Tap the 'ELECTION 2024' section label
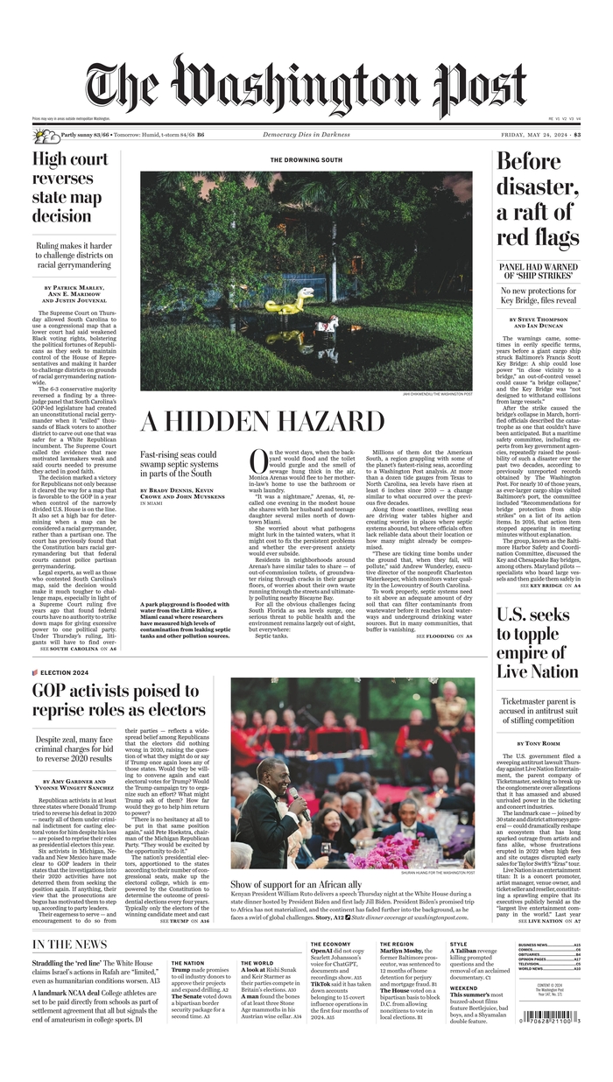point(63,672)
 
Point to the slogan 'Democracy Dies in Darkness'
point(306,134)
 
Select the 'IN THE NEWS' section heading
point(70,945)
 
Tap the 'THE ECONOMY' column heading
point(330,944)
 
